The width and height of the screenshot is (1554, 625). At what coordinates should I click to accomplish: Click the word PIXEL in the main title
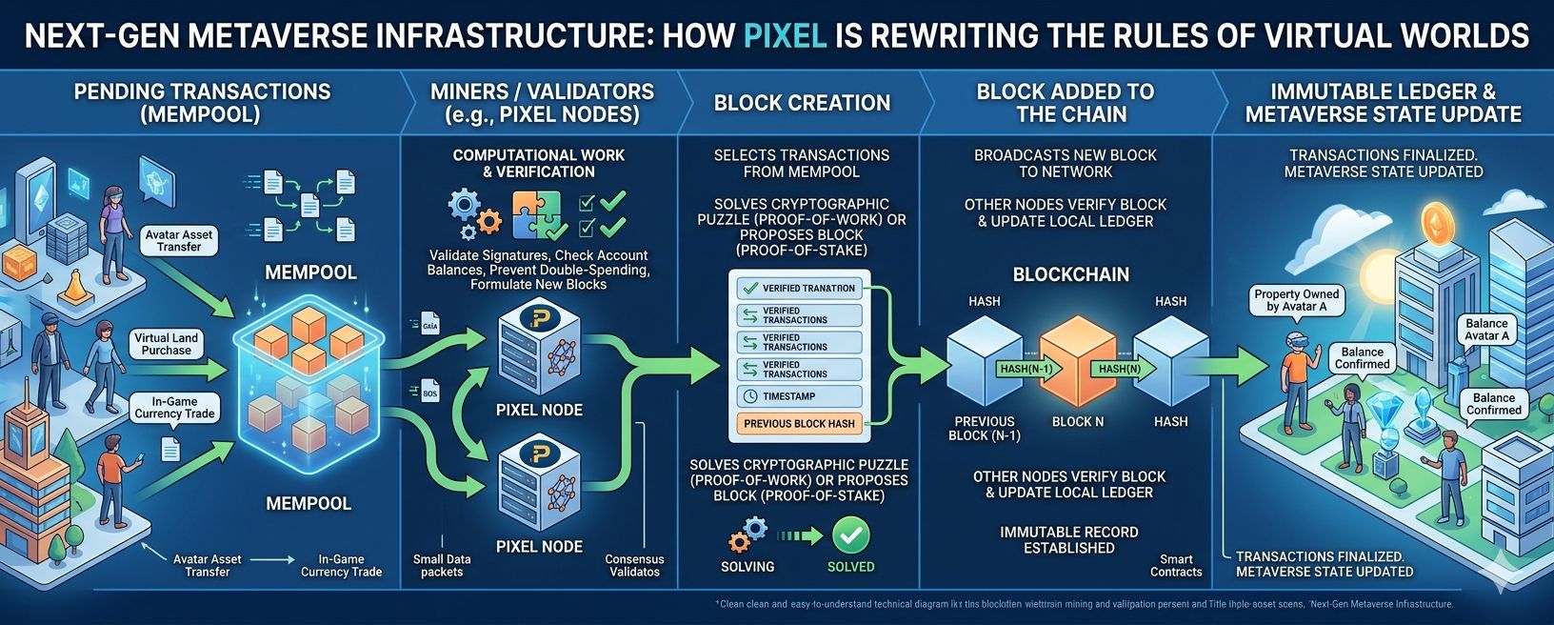tap(784, 36)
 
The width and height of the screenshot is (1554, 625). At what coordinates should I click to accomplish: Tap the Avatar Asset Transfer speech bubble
tap(179, 240)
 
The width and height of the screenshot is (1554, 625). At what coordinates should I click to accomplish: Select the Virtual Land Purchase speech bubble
tap(166, 344)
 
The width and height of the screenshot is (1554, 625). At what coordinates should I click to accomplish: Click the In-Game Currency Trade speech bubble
tap(174, 408)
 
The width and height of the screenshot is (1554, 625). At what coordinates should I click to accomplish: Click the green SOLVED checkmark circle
tap(850, 535)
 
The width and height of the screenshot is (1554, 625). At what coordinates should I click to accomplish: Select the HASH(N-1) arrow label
tap(1026, 369)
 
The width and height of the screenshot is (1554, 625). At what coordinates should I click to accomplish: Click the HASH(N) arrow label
tap(1120, 369)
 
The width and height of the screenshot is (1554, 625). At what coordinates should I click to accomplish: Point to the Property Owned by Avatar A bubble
tap(1296, 301)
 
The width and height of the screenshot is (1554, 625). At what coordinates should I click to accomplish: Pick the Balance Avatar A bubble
tap(1486, 330)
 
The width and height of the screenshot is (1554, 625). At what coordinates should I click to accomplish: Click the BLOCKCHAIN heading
tap(1070, 274)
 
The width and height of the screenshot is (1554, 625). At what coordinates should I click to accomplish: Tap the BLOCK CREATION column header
tap(802, 103)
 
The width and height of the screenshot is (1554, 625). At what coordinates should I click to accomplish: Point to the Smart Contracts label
tap(1176, 566)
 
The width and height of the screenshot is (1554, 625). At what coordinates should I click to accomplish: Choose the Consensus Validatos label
tap(634, 566)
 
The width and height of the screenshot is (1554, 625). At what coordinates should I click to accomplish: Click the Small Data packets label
tap(442, 566)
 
